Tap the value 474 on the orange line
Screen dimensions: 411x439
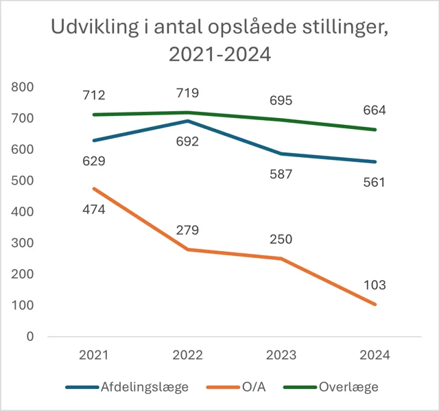(93, 209)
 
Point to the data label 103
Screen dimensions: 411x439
(375, 285)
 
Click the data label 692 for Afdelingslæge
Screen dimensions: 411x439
(187, 142)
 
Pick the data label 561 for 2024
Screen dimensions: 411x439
(375, 183)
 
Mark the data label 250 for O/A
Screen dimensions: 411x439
(281, 239)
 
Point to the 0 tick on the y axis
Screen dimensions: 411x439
(29, 336)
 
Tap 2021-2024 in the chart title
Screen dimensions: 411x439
(219, 55)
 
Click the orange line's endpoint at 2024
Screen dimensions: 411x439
(375, 304)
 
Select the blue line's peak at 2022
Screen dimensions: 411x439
(187, 121)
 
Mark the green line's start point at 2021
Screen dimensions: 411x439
(93, 115)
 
